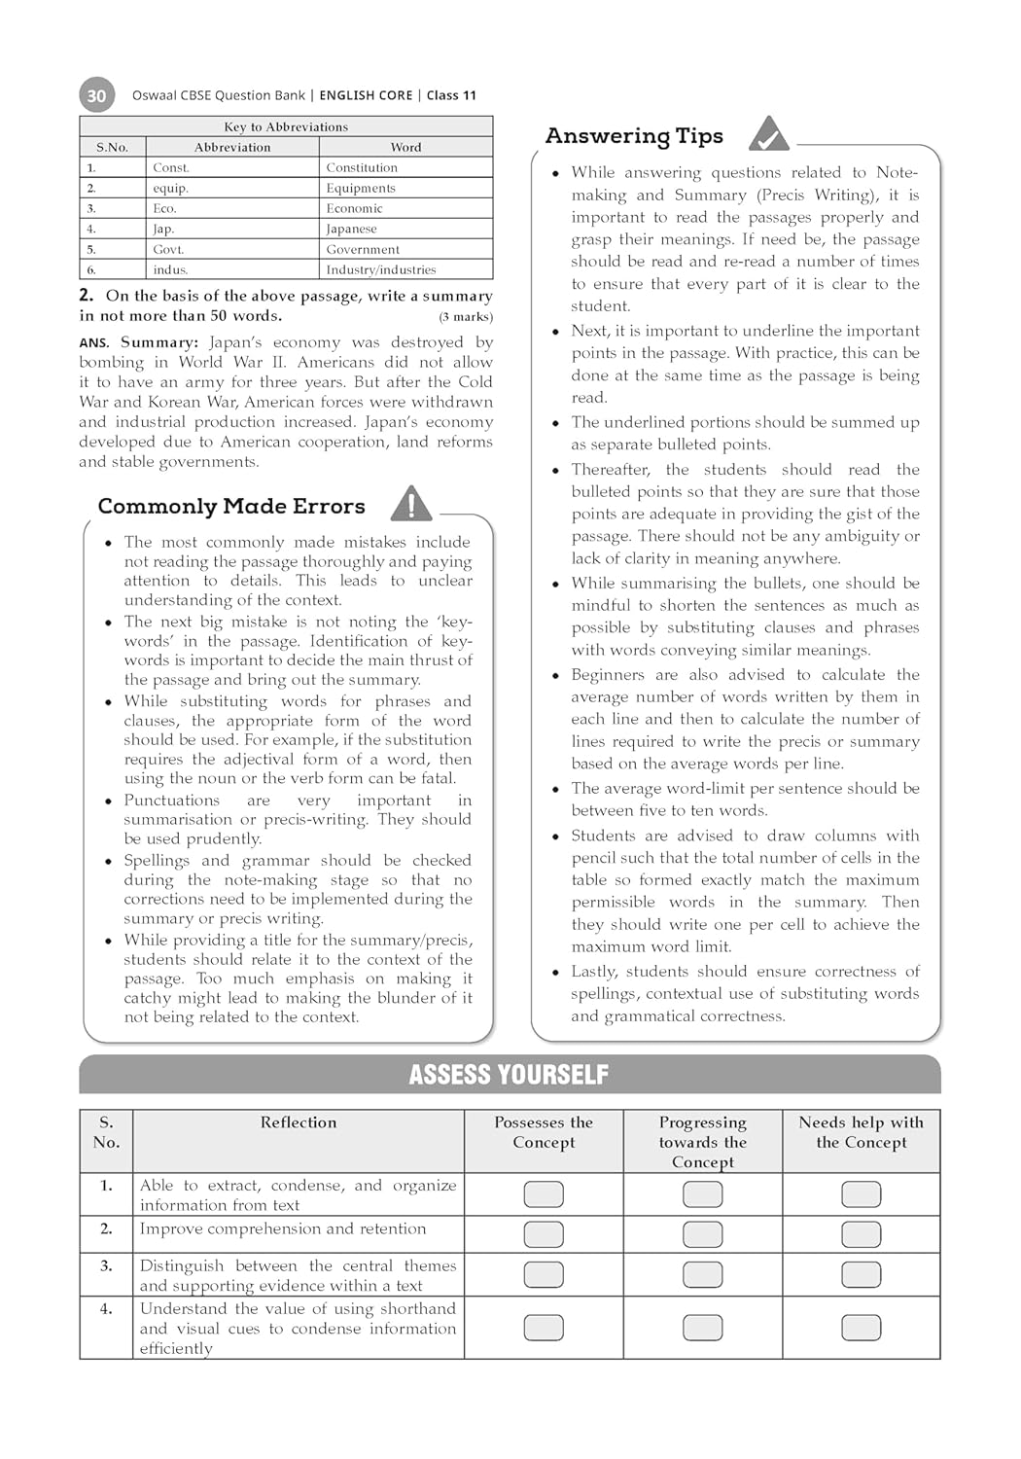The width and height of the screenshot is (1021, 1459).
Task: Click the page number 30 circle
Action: click(96, 95)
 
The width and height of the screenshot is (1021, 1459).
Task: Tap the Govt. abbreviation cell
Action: click(168, 249)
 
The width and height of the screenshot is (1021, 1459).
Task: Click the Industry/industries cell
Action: click(381, 269)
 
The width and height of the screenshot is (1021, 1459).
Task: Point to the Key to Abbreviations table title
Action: click(286, 126)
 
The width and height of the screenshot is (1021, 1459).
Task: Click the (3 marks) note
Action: click(466, 316)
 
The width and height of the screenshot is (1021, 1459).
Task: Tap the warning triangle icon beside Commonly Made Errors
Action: click(411, 503)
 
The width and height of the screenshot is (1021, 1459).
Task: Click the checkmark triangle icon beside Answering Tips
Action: click(768, 134)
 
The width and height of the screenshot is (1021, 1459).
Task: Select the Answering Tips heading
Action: click(634, 136)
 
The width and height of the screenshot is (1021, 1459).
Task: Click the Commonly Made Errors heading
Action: click(231, 506)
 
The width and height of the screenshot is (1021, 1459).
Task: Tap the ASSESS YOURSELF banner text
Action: click(509, 1075)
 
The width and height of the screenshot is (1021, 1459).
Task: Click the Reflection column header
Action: click(299, 1122)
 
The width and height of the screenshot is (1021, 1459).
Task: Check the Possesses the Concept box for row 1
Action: click(544, 1193)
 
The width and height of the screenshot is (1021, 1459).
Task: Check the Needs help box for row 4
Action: click(862, 1327)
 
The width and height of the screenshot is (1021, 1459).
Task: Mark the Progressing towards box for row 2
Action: click(702, 1234)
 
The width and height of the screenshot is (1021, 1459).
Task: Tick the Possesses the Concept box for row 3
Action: click(544, 1274)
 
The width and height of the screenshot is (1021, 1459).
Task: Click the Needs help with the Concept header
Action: click(862, 1132)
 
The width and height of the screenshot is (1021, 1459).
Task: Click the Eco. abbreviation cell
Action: click(164, 208)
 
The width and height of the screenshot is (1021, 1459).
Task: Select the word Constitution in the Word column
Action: click(362, 167)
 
